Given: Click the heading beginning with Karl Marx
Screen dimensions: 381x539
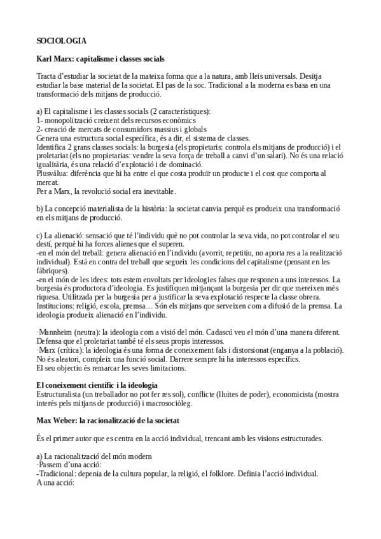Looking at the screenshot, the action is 101,59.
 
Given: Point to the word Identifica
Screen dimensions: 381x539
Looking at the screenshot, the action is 55,146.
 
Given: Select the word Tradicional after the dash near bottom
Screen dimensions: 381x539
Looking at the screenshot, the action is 61,474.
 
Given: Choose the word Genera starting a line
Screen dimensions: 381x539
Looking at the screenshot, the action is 50,137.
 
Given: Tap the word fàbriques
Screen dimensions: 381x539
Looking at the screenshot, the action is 55,271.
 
